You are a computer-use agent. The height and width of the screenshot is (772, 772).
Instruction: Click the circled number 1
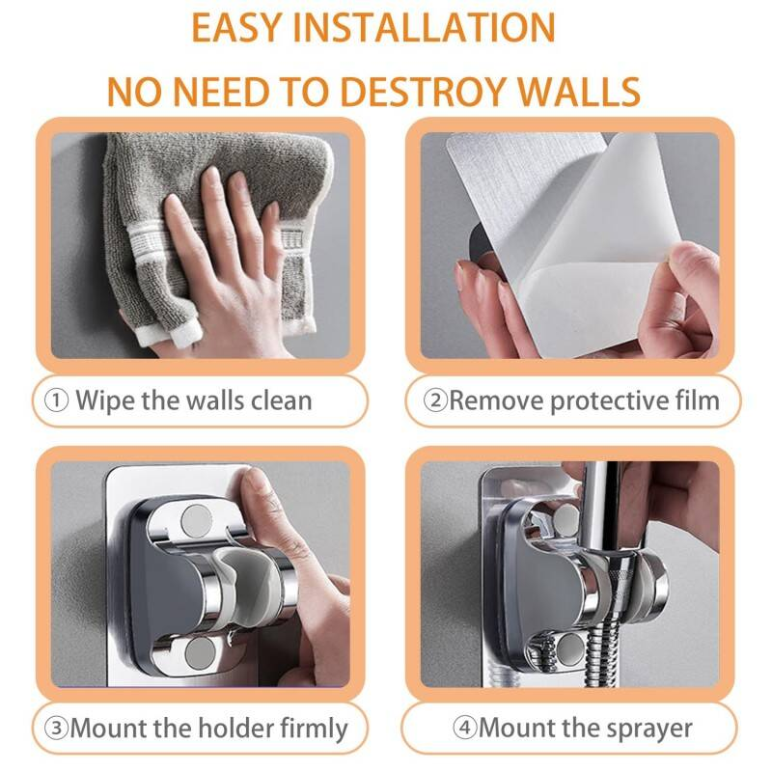coord(56,400)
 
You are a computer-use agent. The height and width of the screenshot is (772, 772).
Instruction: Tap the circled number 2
coord(436,400)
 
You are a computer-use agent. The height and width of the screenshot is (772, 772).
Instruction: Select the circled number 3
coord(56,728)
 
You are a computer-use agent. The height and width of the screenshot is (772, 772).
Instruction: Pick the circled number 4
coord(465,728)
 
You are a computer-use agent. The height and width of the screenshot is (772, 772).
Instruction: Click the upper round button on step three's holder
coord(197,520)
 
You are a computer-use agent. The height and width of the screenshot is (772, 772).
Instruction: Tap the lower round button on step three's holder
coord(199,653)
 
